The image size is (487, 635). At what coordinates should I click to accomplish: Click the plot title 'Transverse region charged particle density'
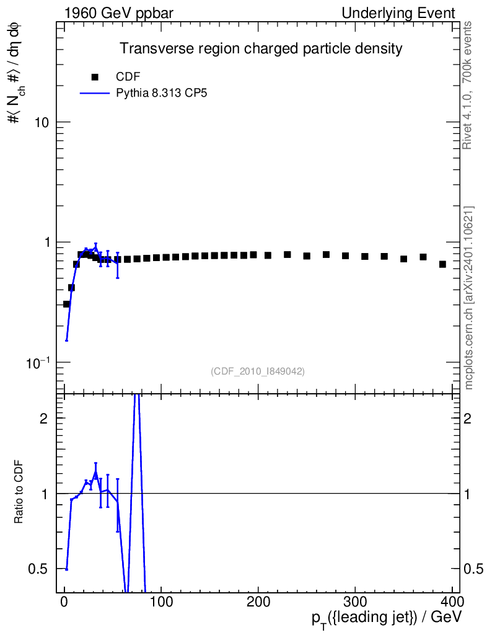pos(252,48)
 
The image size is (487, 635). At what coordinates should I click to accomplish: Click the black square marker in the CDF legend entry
pos(95,78)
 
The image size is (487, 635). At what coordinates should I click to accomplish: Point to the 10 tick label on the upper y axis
pos(42,122)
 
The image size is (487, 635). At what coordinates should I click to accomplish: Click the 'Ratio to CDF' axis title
pos(19,493)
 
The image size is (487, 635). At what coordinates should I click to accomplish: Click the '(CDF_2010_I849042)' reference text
pos(258,371)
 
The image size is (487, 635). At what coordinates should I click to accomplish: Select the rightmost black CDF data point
pos(442,264)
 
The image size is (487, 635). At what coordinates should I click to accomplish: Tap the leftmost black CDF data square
pos(66,304)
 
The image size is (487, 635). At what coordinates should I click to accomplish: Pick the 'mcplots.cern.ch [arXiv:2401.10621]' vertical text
pos(469,298)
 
